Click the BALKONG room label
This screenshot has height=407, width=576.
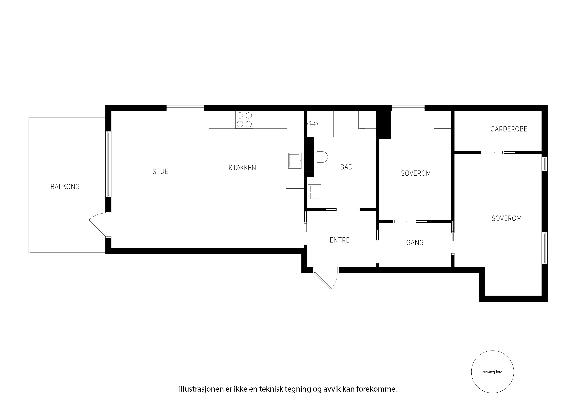point(65,187)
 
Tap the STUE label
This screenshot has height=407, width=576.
point(160,171)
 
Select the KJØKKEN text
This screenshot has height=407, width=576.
point(242,168)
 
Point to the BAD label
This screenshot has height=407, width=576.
point(346,167)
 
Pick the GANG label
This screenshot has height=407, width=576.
point(415,243)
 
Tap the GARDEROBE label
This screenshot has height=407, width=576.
point(509,129)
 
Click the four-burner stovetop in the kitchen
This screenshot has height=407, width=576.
point(244,120)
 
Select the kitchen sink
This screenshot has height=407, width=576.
point(295,161)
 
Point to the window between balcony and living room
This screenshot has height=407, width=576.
point(108,164)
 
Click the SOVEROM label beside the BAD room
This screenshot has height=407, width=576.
point(416,173)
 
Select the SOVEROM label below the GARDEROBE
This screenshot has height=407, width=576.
point(507,218)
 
